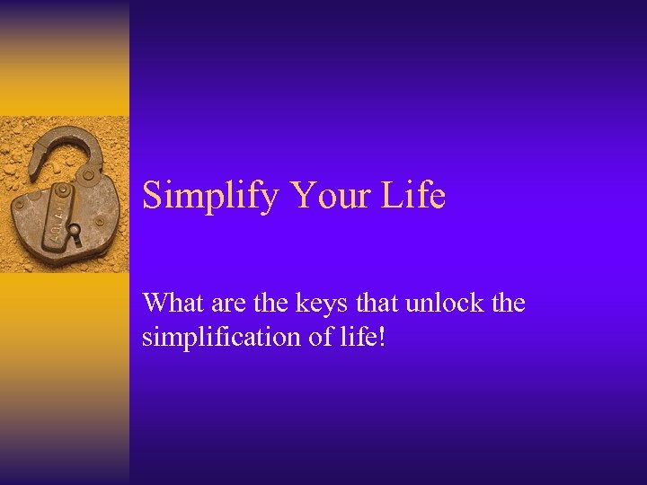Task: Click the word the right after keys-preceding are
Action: (x=265, y=303)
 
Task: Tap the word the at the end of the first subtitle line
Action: (x=508, y=303)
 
